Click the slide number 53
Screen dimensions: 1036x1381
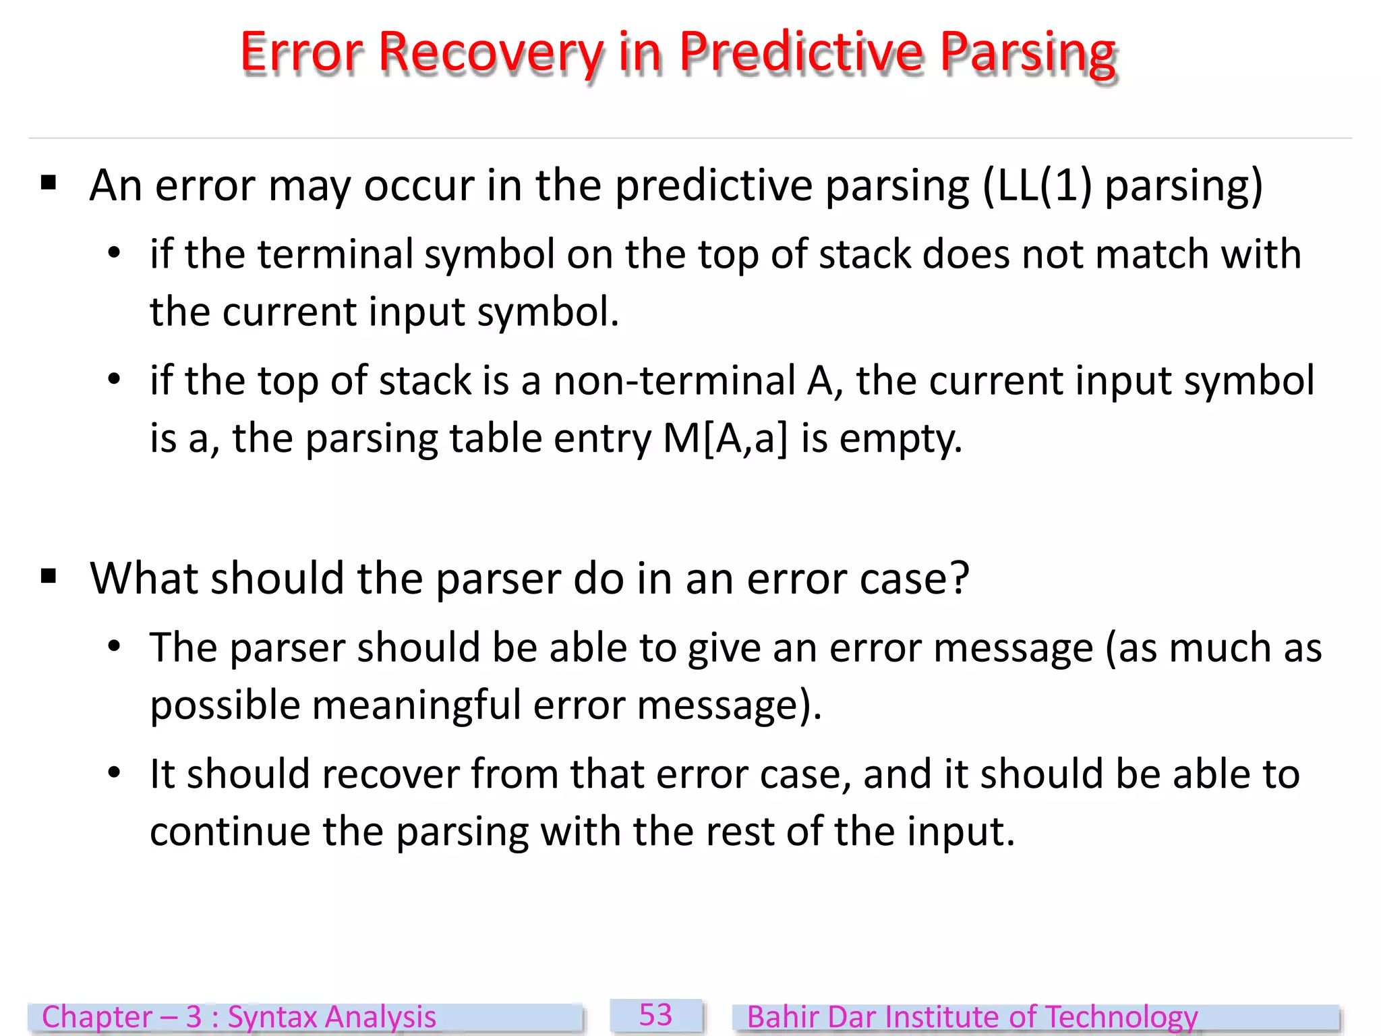click(x=655, y=1015)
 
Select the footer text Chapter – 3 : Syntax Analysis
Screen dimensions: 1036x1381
click(x=239, y=1017)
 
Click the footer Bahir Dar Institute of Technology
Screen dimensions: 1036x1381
click(x=972, y=1017)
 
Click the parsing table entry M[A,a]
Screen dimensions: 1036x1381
click(x=725, y=438)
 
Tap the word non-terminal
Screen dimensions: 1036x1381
click(x=674, y=380)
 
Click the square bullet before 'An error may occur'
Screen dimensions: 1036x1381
click(x=49, y=183)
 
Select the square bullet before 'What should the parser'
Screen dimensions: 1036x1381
click(x=49, y=576)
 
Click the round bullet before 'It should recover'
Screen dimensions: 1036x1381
click(x=114, y=772)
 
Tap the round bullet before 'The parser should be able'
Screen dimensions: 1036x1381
click(x=114, y=646)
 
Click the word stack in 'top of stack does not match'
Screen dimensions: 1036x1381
click(x=864, y=254)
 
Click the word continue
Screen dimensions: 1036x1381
click(x=229, y=831)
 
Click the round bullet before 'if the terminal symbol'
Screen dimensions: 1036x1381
click(x=114, y=253)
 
